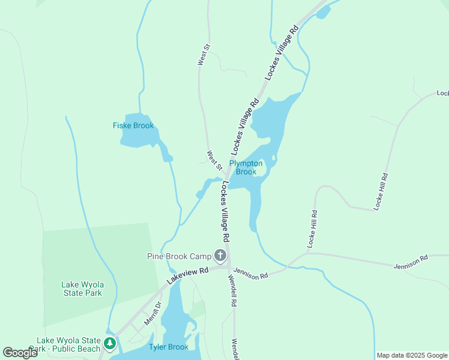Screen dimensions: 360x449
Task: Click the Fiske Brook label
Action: pyautogui.click(x=133, y=125)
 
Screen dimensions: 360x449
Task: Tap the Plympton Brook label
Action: pyautogui.click(x=246, y=167)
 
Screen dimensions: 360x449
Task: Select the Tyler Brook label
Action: pyautogui.click(x=169, y=347)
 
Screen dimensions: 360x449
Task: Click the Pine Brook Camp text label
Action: pyautogui.click(x=179, y=256)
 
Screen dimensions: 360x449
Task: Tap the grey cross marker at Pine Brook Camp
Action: pyautogui.click(x=220, y=256)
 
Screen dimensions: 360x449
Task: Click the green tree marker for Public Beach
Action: pyautogui.click(x=109, y=343)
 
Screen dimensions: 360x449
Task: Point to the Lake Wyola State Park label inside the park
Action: pyautogui.click(x=82, y=289)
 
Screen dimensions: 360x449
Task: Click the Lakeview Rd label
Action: pyautogui.click(x=188, y=275)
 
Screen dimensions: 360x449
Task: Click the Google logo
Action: pyautogui.click(x=20, y=353)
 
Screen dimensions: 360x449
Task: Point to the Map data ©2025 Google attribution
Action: pyautogui.click(x=412, y=355)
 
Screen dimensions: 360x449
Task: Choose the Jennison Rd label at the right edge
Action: pyautogui.click(x=411, y=262)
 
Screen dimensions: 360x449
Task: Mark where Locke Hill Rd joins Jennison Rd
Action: pyautogui.click(x=307, y=253)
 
